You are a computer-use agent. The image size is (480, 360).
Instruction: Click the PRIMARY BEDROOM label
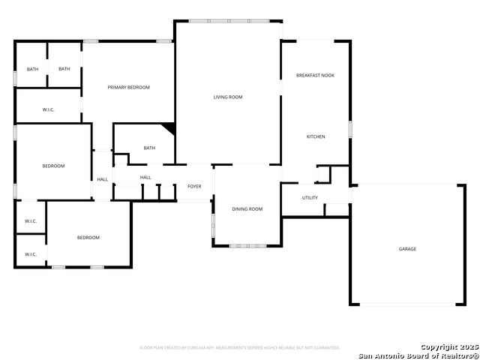(x=128, y=88)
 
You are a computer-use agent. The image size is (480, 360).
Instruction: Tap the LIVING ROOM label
(x=228, y=97)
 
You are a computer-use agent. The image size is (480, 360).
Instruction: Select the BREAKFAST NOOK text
(x=315, y=76)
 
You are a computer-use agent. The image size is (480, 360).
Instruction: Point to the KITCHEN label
(x=316, y=136)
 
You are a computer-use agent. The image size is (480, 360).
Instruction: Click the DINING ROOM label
(x=247, y=209)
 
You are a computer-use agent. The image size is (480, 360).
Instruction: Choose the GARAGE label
(x=407, y=249)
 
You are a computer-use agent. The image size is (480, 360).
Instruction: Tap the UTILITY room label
(x=310, y=198)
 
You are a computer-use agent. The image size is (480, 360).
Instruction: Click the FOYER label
(x=194, y=187)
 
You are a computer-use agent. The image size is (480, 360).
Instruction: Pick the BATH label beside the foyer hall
(x=149, y=148)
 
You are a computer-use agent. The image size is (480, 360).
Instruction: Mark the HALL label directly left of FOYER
(x=145, y=178)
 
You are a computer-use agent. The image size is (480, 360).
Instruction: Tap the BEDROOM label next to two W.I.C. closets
(x=88, y=238)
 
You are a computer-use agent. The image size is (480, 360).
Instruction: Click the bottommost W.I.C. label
(x=31, y=254)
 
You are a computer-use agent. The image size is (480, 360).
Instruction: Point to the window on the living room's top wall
(x=228, y=20)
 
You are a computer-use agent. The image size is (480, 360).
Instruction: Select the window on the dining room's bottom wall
(x=247, y=245)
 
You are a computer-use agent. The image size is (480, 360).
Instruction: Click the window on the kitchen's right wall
(x=349, y=129)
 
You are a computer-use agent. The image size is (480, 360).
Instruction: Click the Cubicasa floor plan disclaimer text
(x=240, y=348)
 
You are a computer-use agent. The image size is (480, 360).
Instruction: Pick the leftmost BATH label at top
(x=32, y=69)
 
